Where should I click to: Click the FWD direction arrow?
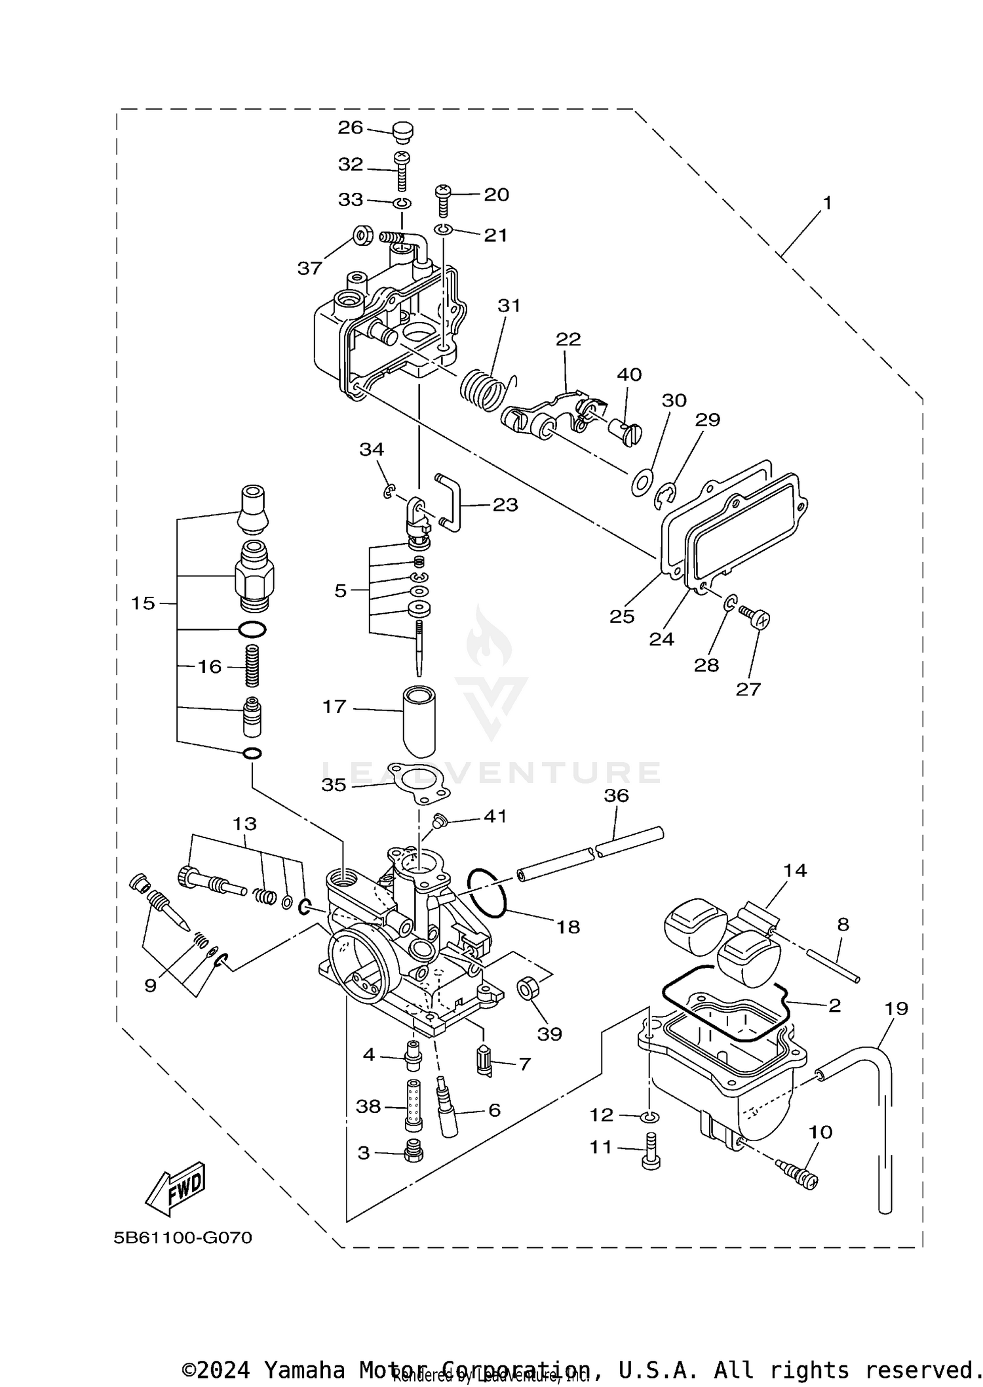point(176,1187)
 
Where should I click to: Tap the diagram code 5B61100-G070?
point(182,1238)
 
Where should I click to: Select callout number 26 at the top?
point(350,127)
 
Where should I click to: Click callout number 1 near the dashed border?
point(827,203)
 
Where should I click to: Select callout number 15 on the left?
point(143,603)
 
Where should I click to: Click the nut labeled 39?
point(528,988)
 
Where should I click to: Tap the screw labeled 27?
point(756,617)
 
